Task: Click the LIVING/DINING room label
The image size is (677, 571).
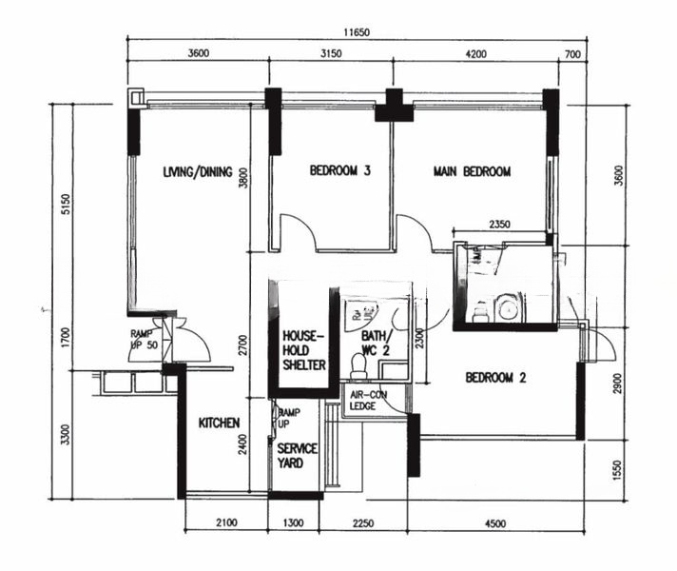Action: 198,172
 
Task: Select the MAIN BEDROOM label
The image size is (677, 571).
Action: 473,172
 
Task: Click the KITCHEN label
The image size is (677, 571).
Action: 219,423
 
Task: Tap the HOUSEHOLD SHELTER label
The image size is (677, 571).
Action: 304,350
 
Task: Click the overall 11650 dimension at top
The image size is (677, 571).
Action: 357,31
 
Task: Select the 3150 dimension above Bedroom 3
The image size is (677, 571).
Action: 329,54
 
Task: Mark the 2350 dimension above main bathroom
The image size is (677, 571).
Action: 500,225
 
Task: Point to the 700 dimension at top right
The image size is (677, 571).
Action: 571,54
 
